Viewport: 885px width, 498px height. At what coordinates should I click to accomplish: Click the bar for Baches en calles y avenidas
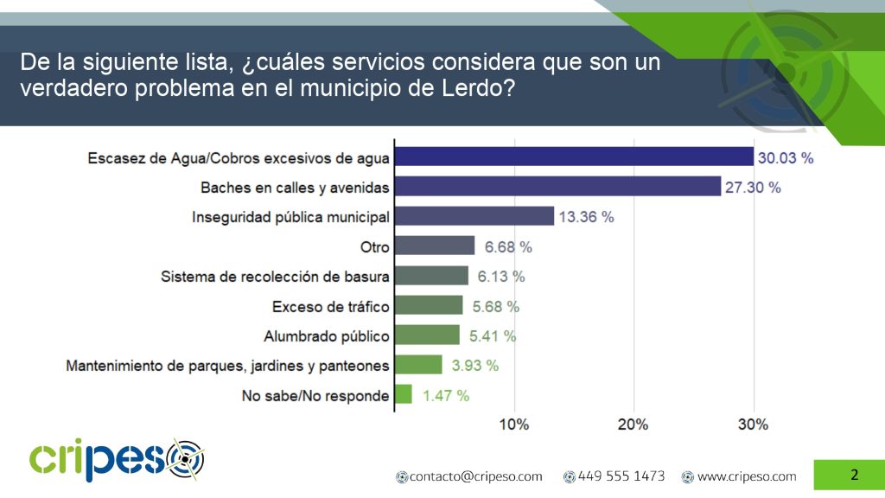click(x=557, y=187)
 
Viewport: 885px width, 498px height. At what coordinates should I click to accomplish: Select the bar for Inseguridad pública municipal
click(x=474, y=216)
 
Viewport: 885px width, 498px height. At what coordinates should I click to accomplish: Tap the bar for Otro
click(x=434, y=246)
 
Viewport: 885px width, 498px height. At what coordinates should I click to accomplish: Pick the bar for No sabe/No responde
click(x=403, y=395)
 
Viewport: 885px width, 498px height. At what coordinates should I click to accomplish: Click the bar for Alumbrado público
click(x=427, y=335)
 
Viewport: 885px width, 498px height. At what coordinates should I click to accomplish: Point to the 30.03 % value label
click(x=786, y=157)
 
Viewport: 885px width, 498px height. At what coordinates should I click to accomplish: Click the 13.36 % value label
click(x=586, y=217)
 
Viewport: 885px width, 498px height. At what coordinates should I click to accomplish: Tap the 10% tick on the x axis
click(x=514, y=425)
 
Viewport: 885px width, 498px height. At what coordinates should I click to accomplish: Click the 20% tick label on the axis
click(x=634, y=425)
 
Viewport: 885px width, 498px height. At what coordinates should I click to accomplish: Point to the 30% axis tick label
click(x=753, y=425)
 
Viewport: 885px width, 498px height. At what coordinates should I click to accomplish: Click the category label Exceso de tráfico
click(x=331, y=306)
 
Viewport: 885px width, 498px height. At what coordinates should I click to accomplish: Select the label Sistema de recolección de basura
click(x=276, y=277)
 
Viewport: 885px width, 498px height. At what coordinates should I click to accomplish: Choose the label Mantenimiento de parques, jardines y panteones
click(x=227, y=366)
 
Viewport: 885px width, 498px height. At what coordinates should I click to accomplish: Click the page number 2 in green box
click(x=854, y=475)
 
